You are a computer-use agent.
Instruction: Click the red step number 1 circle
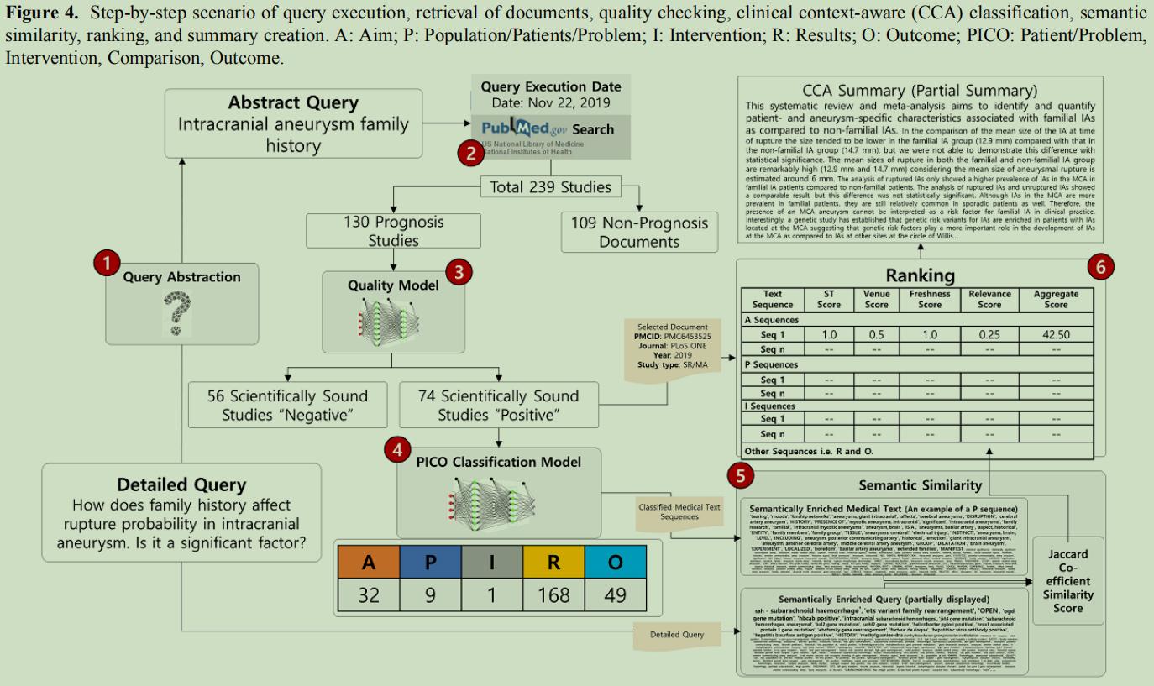(x=107, y=264)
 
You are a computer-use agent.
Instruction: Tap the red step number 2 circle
(x=470, y=153)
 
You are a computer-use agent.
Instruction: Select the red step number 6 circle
(x=1100, y=266)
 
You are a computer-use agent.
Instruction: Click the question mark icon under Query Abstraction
(x=176, y=312)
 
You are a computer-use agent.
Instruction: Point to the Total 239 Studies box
(x=550, y=186)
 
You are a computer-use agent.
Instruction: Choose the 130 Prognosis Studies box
(x=393, y=231)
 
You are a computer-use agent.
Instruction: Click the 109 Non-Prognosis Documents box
(x=639, y=232)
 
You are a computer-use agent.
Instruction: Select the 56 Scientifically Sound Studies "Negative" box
(x=287, y=405)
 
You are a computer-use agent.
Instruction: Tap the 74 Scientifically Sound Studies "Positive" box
(x=498, y=405)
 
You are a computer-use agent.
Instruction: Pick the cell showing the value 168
(x=553, y=594)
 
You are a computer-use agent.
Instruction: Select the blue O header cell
(x=616, y=563)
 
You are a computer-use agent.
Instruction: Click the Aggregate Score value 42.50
(x=1055, y=334)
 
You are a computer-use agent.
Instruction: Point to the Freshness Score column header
(x=929, y=299)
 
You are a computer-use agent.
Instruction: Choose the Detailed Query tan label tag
(x=676, y=634)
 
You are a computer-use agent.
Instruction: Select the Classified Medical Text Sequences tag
(x=679, y=511)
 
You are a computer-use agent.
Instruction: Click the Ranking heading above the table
(x=920, y=275)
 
